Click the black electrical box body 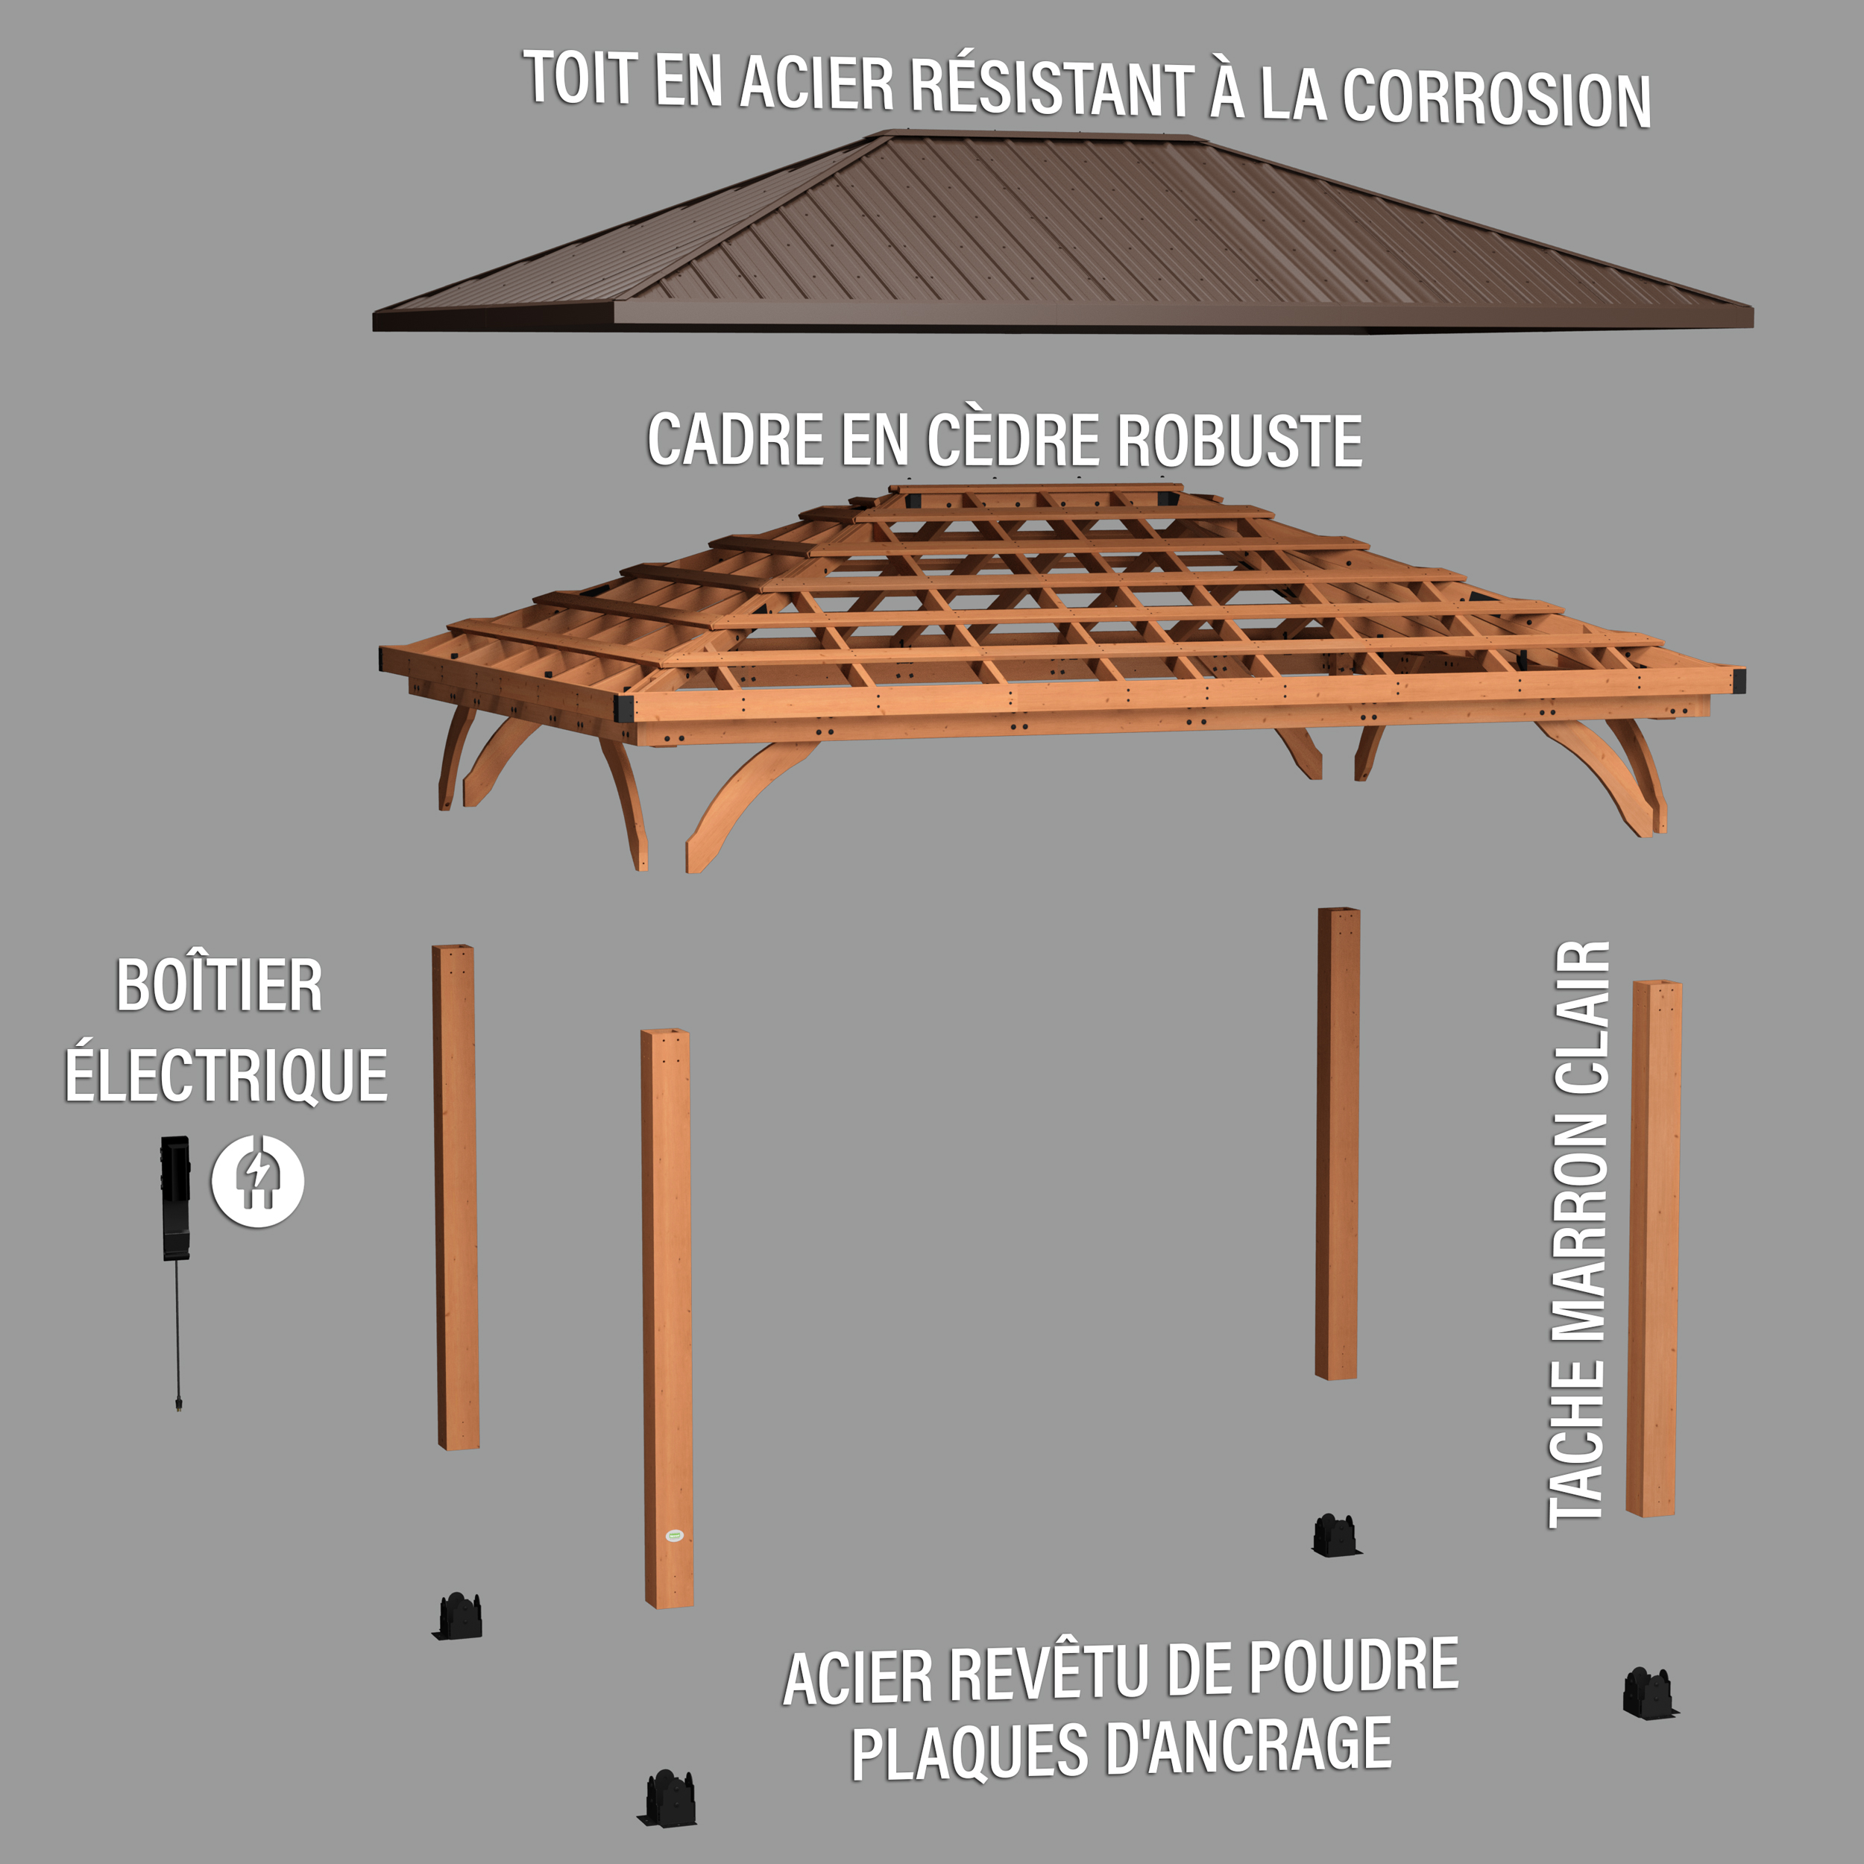(x=174, y=1197)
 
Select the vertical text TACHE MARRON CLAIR (x=1579, y=1234)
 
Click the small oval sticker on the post (x=675, y=1535)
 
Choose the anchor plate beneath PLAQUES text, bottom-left (x=669, y=1798)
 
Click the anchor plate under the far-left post (x=459, y=1616)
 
